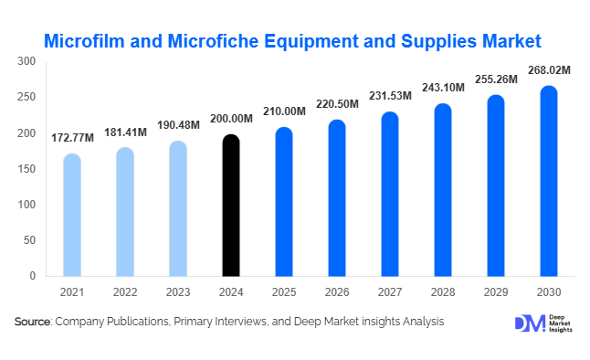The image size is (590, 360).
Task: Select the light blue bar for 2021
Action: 72,215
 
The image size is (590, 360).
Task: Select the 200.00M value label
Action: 231,117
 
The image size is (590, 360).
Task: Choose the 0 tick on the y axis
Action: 33,276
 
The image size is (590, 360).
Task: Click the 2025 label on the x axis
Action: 284,292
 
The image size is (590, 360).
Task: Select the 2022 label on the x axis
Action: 125,292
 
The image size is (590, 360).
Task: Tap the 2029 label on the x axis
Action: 496,292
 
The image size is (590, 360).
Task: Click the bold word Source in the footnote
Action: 33,322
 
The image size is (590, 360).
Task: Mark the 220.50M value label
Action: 337,103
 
